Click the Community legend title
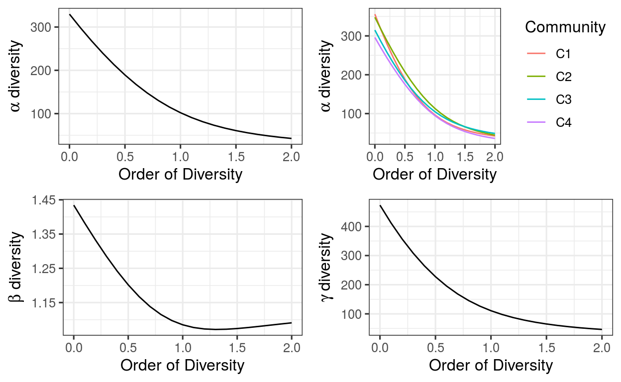(565, 27)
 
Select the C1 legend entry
(563, 54)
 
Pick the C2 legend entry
(563, 77)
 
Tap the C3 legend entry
(563, 100)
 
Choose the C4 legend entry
(563, 122)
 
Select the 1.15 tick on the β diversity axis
(45, 302)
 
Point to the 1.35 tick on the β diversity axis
(45, 234)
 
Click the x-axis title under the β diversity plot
(182, 365)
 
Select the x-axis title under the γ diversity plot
(491, 365)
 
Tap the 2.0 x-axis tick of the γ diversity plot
(602, 347)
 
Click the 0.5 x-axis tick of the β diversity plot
(128, 347)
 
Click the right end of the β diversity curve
(291, 323)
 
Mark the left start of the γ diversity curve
(380, 205)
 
